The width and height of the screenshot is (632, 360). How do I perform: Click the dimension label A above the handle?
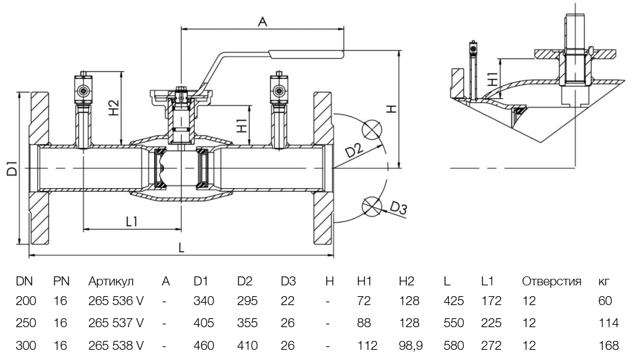point(261,21)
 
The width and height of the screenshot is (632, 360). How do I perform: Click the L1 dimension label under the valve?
point(132,221)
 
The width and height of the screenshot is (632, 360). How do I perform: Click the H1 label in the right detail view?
point(491,78)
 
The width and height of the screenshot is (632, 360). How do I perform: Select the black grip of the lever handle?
point(306,56)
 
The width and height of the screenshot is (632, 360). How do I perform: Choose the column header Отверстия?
point(552,281)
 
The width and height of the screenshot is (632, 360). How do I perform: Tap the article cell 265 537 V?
point(116,324)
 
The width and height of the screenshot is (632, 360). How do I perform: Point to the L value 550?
point(453,324)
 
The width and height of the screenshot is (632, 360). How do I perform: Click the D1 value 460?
point(204,344)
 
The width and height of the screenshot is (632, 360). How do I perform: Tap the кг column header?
point(603,281)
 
